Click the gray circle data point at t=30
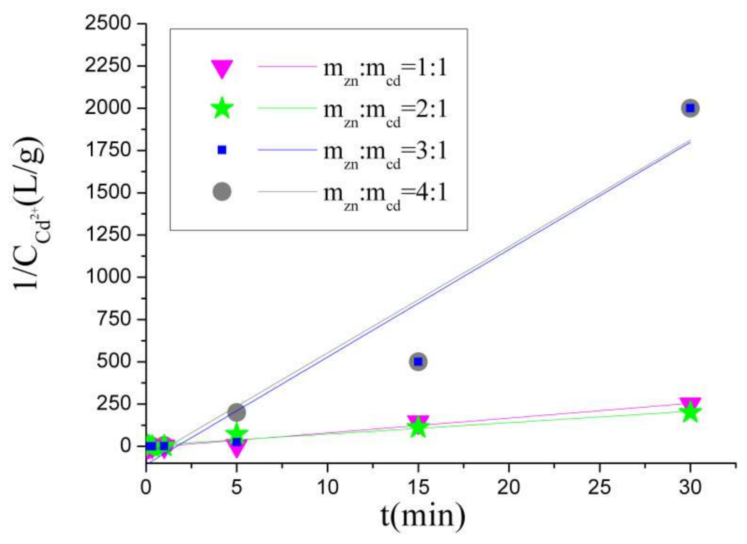click(x=690, y=108)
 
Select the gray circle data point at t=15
click(x=417, y=361)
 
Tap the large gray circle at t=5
click(x=236, y=412)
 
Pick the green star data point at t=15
click(x=417, y=428)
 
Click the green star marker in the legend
click(x=222, y=109)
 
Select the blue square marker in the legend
click(x=222, y=150)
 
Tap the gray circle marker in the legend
click(x=222, y=191)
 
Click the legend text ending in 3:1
click(x=385, y=151)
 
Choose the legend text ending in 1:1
click(x=385, y=69)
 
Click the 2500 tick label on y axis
click(x=108, y=23)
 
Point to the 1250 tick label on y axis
click(x=108, y=234)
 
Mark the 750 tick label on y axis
click(x=114, y=319)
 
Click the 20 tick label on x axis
click(x=509, y=487)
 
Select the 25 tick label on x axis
click(x=599, y=487)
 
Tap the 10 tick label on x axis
click(x=327, y=487)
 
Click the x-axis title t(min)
click(x=423, y=516)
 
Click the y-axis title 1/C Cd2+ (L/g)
click(x=30, y=213)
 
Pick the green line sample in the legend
click(x=287, y=108)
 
